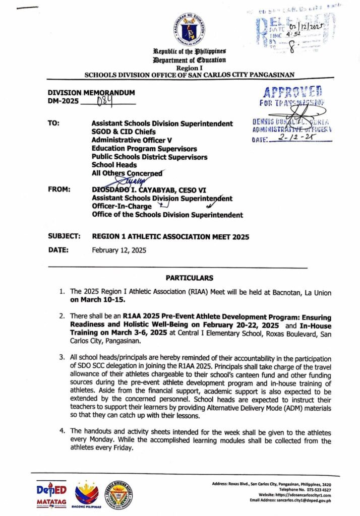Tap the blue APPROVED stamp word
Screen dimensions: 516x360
click(292, 93)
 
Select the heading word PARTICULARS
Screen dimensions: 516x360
click(189, 278)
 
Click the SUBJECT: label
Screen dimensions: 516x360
click(64, 236)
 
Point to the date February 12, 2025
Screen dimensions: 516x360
click(118, 250)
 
